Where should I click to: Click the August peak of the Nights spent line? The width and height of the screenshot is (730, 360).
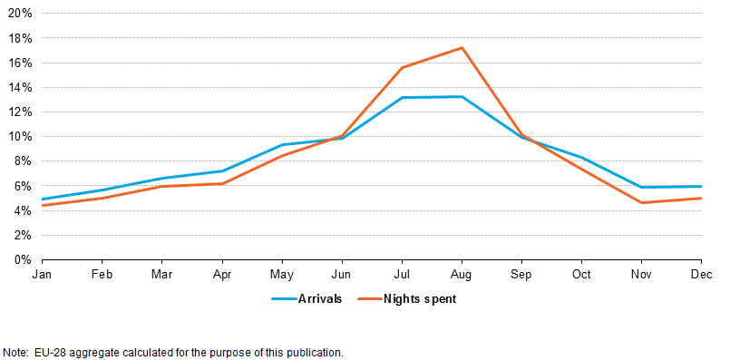[462, 48]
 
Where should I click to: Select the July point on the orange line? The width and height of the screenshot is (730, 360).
[402, 67]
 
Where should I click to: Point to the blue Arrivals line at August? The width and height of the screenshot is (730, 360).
[462, 97]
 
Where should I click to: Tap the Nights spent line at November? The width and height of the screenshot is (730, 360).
[641, 202]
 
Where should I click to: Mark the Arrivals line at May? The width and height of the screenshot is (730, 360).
[282, 145]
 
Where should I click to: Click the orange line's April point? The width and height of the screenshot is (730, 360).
[222, 184]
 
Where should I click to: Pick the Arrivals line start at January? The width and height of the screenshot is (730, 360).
[43, 199]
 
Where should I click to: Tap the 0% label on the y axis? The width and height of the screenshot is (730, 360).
[24, 259]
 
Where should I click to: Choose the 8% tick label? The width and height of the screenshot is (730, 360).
[24, 161]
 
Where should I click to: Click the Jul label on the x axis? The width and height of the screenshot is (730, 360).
[402, 272]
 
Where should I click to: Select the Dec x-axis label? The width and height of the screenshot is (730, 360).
[700, 272]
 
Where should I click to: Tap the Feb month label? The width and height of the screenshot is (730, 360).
[102, 272]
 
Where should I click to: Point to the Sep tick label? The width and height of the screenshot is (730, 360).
[521, 272]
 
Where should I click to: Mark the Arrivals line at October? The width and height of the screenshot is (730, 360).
[581, 158]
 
